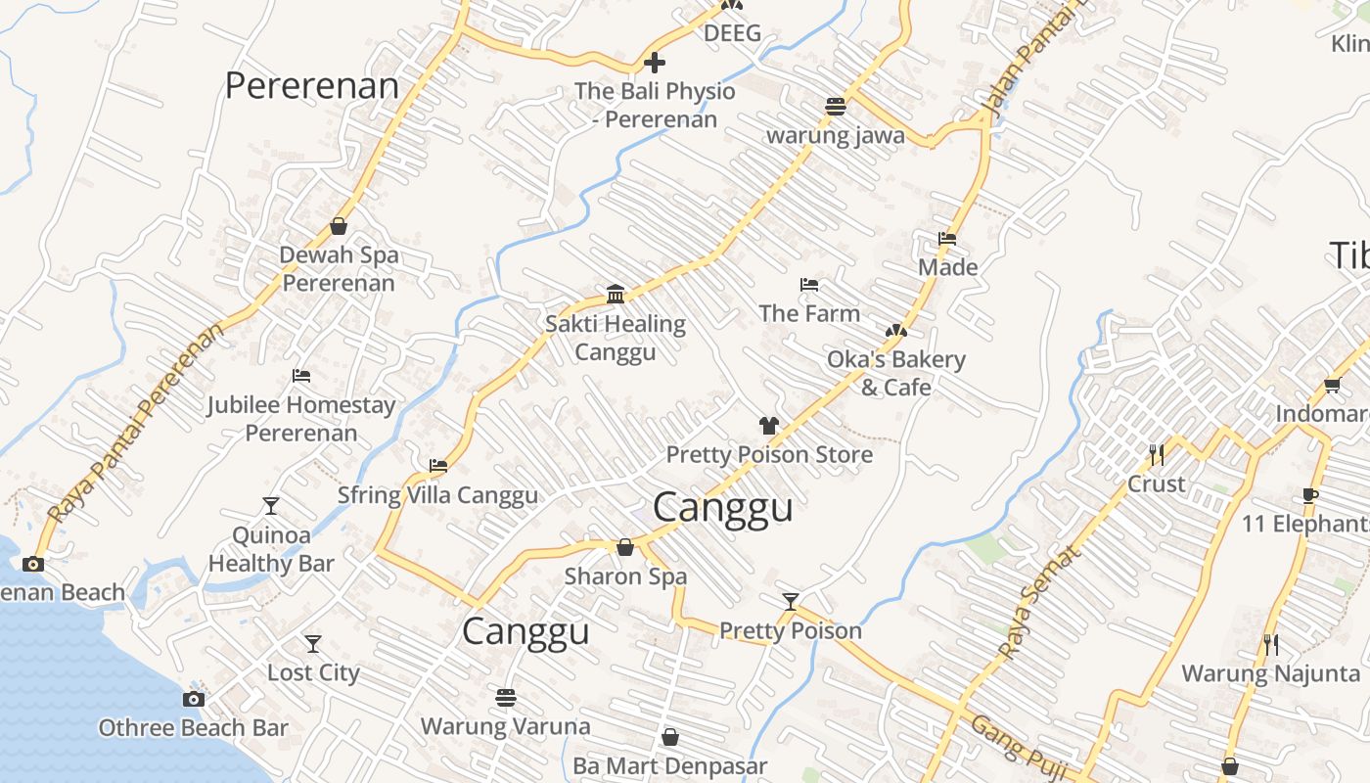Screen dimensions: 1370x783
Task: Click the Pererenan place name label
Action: click(x=311, y=86)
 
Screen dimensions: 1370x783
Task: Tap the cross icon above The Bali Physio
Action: click(x=655, y=64)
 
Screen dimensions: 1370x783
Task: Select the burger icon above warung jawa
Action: click(x=835, y=107)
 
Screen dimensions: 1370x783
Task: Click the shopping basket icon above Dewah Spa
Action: click(x=339, y=227)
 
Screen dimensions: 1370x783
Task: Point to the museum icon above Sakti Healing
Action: click(x=616, y=294)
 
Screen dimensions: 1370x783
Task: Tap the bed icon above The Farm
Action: click(x=809, y=286)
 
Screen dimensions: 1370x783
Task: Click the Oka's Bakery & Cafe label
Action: click(x=895, y=373)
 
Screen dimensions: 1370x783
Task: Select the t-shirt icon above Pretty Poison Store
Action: click(x=769, y=426)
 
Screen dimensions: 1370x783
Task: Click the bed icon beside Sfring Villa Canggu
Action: click(x=438, y=467)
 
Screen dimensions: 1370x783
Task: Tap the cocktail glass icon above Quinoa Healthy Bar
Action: click(x=271, y=506)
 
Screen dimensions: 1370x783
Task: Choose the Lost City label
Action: click(x=313, y=673)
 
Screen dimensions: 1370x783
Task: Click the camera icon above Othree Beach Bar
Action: click(x=194, y=699)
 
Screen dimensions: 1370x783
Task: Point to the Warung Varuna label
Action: click(x=505, y=726)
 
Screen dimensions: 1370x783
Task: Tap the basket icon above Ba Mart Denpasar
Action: click(x=670, y=737)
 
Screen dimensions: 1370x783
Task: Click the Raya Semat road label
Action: click(x=1040, y=601)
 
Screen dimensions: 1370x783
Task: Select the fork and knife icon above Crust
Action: click(x=1157, y=455)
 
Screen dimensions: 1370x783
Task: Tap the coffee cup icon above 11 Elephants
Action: click(x=1310, y=495)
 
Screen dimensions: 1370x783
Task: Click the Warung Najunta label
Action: click(x=1270, y=673)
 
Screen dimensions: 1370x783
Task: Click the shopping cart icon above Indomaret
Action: click(x=1332, y=386)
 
